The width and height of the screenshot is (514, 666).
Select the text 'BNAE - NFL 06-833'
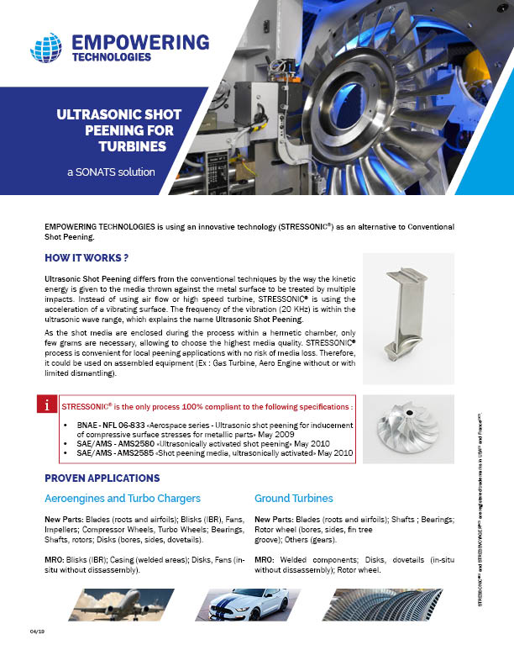pyautogui.click(x=115, y=426)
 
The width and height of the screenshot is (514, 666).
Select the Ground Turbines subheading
pyautogui.click(x=294, y=498)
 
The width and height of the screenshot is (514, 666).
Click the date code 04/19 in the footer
pyautogui.click(x=36, y=630)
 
